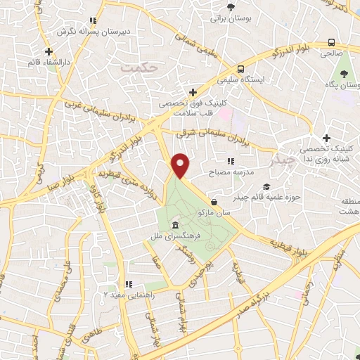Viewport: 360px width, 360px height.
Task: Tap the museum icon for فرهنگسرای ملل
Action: [x=174, y=224]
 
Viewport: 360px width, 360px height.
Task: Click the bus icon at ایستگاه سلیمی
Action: [x=241, y=70]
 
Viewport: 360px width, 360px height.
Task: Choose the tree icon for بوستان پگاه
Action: [x=344, y=74]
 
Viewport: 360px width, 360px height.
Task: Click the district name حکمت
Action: [x=136, y=67]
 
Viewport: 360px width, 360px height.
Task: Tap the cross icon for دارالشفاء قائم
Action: [x=49, y=51]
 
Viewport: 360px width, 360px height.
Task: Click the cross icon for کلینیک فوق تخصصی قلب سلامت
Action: [x=193, y=92]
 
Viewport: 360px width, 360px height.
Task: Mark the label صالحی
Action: [x=330, y=52]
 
